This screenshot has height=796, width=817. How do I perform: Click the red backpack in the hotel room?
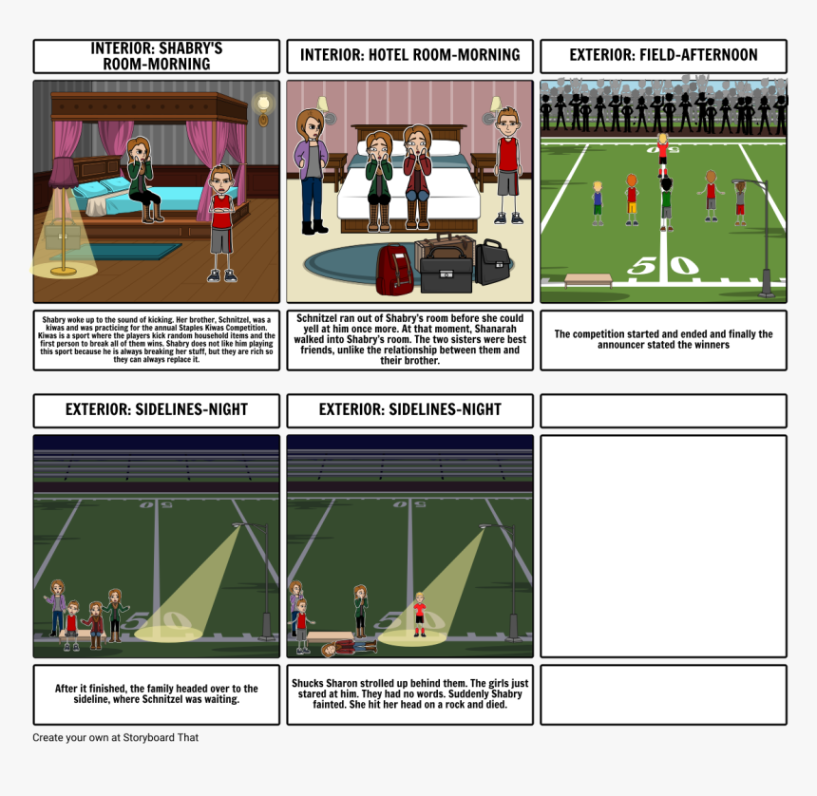pyautogui.click(x=394, y=270)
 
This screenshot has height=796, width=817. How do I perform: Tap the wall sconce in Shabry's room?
pyautogui.click(x=264, y=109)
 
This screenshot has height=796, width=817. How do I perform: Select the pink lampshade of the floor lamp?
pyautogui.click(x=63, y=172)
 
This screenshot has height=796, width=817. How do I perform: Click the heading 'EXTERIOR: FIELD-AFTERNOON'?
pyautogui.click(x=663, y=55)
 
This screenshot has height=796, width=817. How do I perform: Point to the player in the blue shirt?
pyautogui.click(x=598, y=203)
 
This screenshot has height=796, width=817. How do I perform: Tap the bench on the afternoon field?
pyautogui.click(x=588, y=280)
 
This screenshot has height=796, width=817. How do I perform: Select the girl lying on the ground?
pyautogui.click(x=348, y=648)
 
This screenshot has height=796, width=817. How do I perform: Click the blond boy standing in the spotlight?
pyautogui.click(x=420, y=615)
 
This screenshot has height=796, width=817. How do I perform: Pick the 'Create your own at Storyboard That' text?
pyautogui.click(x=115, y=738)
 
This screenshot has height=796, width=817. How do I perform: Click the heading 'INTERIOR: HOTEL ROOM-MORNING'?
pyautogui.click(x=410, y=55)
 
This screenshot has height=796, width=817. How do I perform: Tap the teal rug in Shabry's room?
pyautogui.click(x=117, y=252)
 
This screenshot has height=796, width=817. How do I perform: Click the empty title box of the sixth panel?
pyautogui.click(x=663, y=410)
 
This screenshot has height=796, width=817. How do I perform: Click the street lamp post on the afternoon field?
pyautogui.click(x=766, y=237)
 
